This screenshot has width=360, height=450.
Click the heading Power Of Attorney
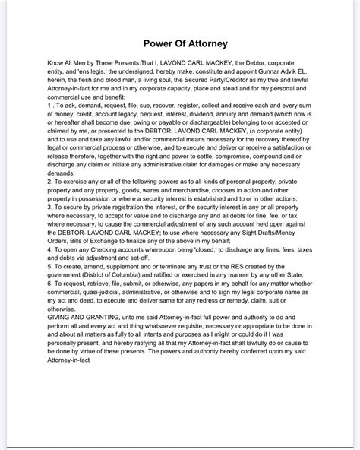click(180, 43)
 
